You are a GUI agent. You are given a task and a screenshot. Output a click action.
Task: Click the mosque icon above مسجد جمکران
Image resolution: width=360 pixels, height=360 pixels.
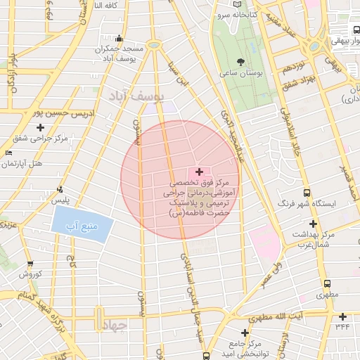click(120, 39)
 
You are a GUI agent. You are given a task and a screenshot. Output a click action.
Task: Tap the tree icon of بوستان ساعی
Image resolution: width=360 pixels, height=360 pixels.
click(241, 62)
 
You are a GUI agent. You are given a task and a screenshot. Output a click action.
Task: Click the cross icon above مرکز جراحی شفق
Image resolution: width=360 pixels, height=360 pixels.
click(40, 127)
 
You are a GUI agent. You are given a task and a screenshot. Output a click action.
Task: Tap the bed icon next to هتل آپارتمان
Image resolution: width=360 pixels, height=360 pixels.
click(8, 153)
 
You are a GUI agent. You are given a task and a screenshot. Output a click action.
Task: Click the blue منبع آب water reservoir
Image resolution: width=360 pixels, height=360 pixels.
click(82, 226)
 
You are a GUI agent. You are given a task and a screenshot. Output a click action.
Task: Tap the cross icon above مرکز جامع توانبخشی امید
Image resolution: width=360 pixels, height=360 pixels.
click(245, 333)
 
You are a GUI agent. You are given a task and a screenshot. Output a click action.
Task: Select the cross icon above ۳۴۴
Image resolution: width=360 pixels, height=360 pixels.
click(342, 316)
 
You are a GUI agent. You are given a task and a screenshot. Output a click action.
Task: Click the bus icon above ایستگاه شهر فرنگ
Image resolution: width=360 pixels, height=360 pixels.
click(307, 193)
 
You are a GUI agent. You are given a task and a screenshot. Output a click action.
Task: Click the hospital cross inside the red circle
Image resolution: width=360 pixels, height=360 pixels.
click(200, 172)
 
